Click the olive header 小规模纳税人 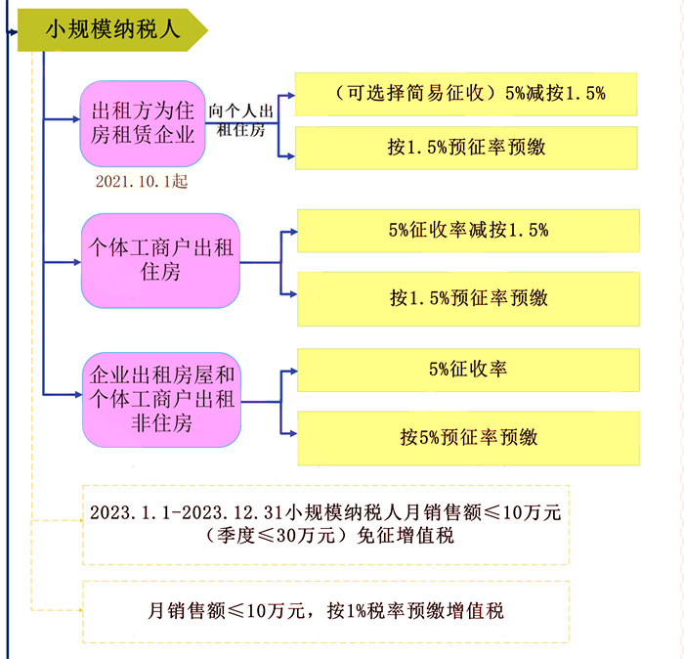point(111,30)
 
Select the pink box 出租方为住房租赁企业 point(143,123)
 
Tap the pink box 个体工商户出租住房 point(160,260)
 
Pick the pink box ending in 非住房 point(161,400)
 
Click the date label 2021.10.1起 point(142,181)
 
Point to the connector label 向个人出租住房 point(240,120)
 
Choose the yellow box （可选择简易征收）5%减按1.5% point(466,94)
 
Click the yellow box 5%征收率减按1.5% point(468,231)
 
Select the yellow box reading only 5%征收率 point(468,371)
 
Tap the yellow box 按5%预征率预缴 point(468,438)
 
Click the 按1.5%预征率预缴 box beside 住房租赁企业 point(466,148)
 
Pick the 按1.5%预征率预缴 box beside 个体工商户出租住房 point(468,299)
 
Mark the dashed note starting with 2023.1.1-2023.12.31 point(325,525)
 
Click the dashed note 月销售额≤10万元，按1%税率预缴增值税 point(325,612)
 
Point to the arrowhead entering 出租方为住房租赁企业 point(76,119)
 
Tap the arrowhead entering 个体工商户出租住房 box point(77,262)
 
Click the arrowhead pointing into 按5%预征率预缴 point(293,434)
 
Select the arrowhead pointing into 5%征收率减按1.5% point(293,232)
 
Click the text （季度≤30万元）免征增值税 point(329,536)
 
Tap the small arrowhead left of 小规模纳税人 point(14,32)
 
